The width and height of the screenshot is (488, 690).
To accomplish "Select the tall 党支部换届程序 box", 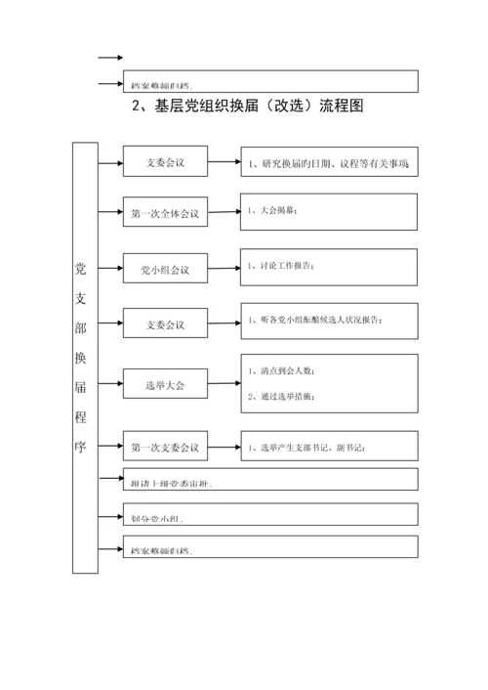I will [85, 357].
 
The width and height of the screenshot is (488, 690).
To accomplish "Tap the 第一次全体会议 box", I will [164, 213].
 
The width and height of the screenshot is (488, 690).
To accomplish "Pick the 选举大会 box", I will [164, 385].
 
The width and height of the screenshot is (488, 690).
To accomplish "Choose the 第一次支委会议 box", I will [164, 447].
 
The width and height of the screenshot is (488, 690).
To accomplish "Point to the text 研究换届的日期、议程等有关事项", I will [329, 162].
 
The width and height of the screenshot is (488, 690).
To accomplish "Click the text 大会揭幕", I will [272, 210].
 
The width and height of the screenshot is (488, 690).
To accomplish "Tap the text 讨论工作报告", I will [281, 265].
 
